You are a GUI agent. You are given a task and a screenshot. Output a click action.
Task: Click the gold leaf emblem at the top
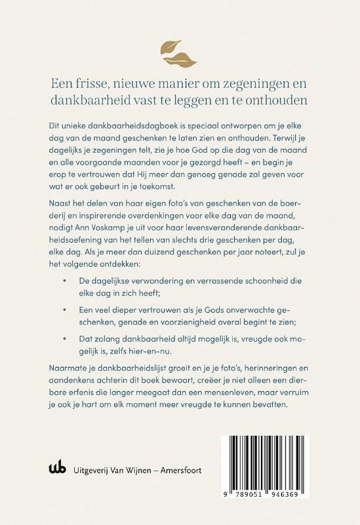click(x=180, y=51)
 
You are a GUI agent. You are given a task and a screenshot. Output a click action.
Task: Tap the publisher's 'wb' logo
click(x=57, y=471)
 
